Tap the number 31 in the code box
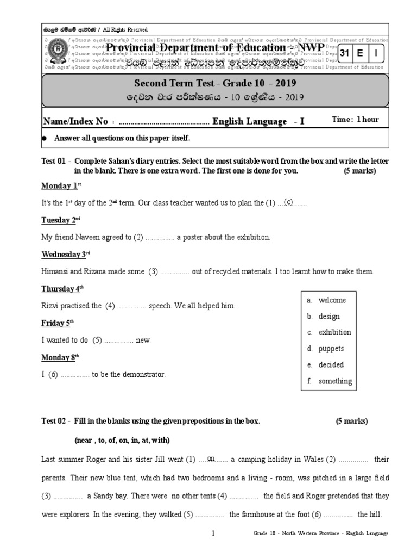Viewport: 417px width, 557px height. point(344,53)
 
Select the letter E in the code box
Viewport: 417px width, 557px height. point(361,53)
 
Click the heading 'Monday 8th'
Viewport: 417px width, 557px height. point(60,357)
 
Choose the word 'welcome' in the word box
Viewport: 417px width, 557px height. point(332,300)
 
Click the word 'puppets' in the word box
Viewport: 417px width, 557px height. point(331,349)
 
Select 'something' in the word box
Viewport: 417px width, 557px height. point(335,381)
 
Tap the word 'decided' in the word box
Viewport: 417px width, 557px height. point(331,365)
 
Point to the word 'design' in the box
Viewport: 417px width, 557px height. point(329,317)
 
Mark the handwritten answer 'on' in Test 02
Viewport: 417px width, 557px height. point(211,459)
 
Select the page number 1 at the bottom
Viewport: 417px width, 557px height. point(214,534)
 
